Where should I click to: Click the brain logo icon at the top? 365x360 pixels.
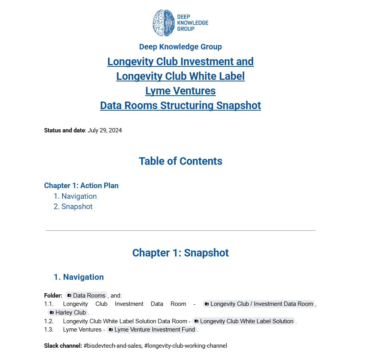pos(163,23)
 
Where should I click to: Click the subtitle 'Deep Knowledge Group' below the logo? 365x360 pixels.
pos(180,47)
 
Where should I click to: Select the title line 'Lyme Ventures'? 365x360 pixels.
pos(180,91)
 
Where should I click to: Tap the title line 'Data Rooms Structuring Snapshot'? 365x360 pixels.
pos(180,106)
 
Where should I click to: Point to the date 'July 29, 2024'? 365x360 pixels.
pos(105,130)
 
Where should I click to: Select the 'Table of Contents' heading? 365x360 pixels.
pos(180,161)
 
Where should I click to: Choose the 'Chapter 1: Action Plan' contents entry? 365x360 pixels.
pos(81,185)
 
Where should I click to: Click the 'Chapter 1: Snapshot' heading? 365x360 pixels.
pos(180,253)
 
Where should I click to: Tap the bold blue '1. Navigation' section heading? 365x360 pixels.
pos(79,277)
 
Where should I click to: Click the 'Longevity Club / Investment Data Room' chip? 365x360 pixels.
pos(259,304)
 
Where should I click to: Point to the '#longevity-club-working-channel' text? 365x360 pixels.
pos(185,346)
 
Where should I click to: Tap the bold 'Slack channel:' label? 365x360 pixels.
pos(63,346)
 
